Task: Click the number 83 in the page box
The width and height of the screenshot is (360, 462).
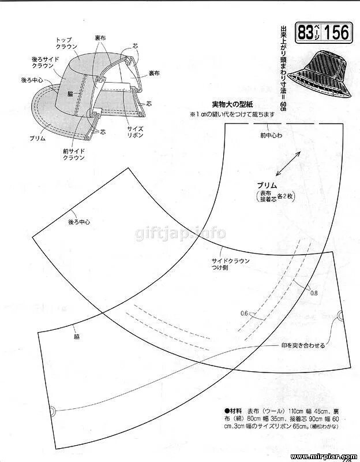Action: click(306, 33)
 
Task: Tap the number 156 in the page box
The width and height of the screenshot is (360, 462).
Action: click(336, 33)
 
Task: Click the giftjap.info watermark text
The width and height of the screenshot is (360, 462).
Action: click(181, 234)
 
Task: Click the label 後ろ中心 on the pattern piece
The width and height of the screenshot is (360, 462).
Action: click(79, 222)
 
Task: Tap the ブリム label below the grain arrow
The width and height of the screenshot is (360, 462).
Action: click(268, 185)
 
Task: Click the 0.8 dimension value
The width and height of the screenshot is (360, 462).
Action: click(314, 293)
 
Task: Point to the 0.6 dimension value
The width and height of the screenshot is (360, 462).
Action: click(244, 314)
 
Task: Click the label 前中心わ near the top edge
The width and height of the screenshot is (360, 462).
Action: click(271, 136)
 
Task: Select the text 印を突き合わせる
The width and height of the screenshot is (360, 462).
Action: click(303, 345)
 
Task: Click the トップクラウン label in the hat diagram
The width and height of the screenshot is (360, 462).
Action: click(65, 44)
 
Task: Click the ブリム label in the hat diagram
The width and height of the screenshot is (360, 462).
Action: click(38, 139)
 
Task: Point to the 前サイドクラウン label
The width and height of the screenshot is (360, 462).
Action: click(74, 155)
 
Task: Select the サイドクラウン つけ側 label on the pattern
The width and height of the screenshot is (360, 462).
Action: click(230, 264)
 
